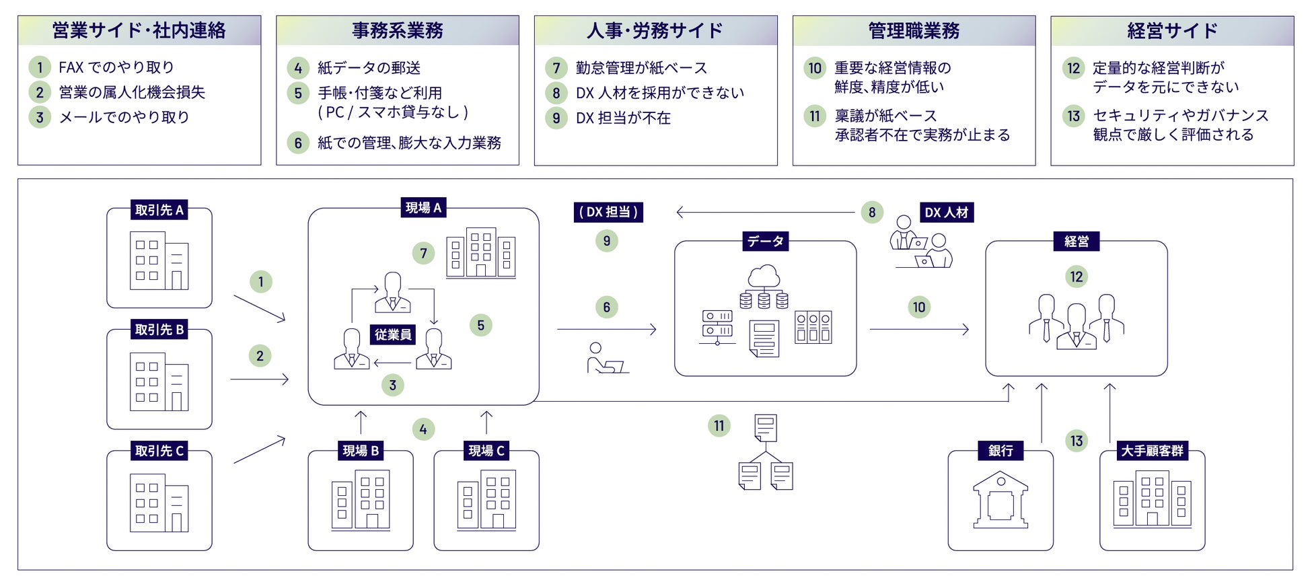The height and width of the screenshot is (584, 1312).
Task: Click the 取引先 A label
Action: coord(159,210)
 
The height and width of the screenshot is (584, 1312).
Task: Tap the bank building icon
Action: coord(1000,499)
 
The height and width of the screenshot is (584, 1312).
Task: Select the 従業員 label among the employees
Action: coord(393,334)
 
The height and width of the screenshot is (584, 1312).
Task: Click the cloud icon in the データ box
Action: coord(764,277)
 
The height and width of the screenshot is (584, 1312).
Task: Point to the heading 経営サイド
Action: coord(1172,31)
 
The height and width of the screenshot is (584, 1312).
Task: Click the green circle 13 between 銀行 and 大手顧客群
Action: coord(1077,441)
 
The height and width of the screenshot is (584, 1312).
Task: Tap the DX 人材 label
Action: coord(946,213)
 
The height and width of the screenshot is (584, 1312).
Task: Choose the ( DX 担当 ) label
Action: coord(608,212)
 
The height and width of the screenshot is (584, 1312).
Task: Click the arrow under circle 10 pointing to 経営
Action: coord(919,330)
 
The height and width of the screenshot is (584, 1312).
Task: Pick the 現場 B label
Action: coord(361,451)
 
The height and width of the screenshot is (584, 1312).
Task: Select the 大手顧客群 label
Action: coord(1152,451)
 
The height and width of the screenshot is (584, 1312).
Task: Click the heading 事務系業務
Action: coord(397,31)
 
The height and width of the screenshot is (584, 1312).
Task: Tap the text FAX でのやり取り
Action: coord(116,67)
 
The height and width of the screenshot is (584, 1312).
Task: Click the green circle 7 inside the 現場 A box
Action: coord(423,254)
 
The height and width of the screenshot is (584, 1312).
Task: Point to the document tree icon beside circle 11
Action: coord(766,452)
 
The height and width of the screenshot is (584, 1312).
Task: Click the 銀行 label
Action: coord(1000,451)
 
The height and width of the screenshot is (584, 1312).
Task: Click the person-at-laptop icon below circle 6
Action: coord(606,358)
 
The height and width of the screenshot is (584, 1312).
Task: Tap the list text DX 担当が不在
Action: coord(623,118)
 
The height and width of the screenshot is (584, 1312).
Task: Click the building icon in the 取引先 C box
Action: coord(159,503)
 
